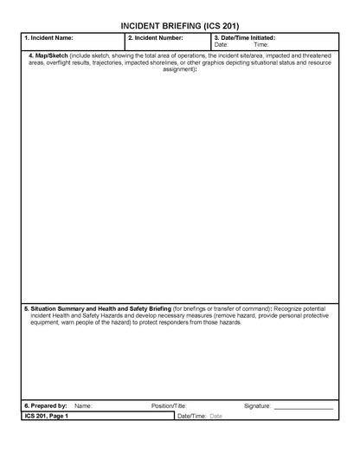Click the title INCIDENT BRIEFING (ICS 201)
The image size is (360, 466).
(x=180, y=27)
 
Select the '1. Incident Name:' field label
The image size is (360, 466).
(x=48, y=38)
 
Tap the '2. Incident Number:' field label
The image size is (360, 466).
(x=155, y=38)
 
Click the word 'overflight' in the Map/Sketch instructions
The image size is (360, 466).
(x=65, y=63)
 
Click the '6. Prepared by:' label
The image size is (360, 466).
(x=46, y=405)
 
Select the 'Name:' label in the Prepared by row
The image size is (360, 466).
(x=83, y=405)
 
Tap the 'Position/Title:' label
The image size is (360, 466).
(x=169, y=405)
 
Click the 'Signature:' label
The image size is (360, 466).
(x=258, y=405)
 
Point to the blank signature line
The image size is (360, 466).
(x=303, y=407)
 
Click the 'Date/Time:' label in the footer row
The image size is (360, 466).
(x=191, y=416)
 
